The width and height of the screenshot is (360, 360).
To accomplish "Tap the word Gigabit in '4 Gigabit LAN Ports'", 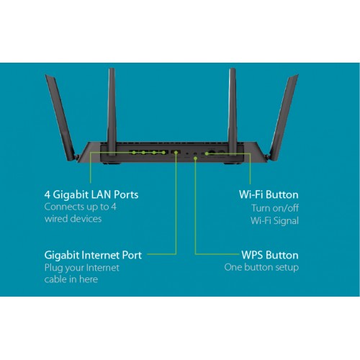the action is pyautogui.click(x=71, y=195).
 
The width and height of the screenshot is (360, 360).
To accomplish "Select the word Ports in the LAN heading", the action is pyautogui.click(x=126, y=194).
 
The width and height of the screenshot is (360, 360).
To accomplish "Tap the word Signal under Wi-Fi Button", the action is pyautogui.click(x=286, y=221).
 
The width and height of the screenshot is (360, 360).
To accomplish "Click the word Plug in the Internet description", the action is pyautogui.click(x=53, y=268).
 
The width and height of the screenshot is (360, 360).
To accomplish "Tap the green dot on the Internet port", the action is pyautogui.click(x=176, y=153).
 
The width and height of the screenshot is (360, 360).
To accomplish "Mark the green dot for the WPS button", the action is pyautogui.click(x=196, y=158).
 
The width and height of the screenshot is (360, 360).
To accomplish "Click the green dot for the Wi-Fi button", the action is pyautogui.click(x=207, y=153).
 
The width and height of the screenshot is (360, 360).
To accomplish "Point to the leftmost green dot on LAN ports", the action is pyautogui.click(x=134, y=153).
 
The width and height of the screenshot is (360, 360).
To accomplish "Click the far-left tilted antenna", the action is pyautogui.click(x=61, y=117).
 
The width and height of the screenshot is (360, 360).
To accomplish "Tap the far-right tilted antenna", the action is pyautogui.click(x=283, y=117).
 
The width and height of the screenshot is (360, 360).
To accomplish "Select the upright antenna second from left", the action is pyautogui.click(x=112, y=112).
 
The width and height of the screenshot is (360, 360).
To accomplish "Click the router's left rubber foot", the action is pyautogui.click(x=112, y=163).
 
